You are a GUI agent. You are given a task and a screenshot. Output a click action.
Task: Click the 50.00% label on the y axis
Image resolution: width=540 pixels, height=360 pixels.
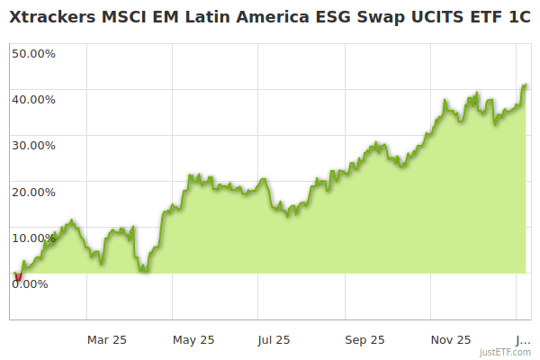(x=33, y=53)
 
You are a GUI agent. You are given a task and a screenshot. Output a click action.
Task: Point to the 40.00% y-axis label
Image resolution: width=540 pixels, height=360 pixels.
(x=33, y=99)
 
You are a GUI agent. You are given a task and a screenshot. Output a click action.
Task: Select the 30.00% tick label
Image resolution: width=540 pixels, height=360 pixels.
(x=33, y=145)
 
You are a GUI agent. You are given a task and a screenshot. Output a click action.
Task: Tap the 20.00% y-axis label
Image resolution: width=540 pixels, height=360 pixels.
(x=33, y=192)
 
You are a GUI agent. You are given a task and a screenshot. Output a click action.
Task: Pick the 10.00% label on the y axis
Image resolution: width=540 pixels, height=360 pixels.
(x=33, y=238)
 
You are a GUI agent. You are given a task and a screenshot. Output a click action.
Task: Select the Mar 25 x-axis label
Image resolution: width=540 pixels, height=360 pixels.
(x=107, y=339)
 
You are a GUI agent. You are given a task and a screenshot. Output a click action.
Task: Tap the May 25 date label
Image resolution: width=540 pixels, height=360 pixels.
(x=193, y=339)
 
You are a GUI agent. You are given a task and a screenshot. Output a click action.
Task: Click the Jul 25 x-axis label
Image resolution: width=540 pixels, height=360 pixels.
(x=274, y=339)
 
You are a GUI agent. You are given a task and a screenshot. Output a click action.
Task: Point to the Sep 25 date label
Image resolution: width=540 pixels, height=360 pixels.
(x=365, y=339)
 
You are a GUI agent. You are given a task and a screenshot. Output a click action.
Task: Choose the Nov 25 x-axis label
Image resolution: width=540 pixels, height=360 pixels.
(x=451, y=339)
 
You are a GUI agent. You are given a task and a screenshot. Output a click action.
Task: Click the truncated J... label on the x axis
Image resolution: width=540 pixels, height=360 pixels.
(x=522, y=339)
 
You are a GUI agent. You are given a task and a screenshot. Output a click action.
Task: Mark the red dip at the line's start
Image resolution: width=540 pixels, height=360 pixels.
(x=18, y=277)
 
